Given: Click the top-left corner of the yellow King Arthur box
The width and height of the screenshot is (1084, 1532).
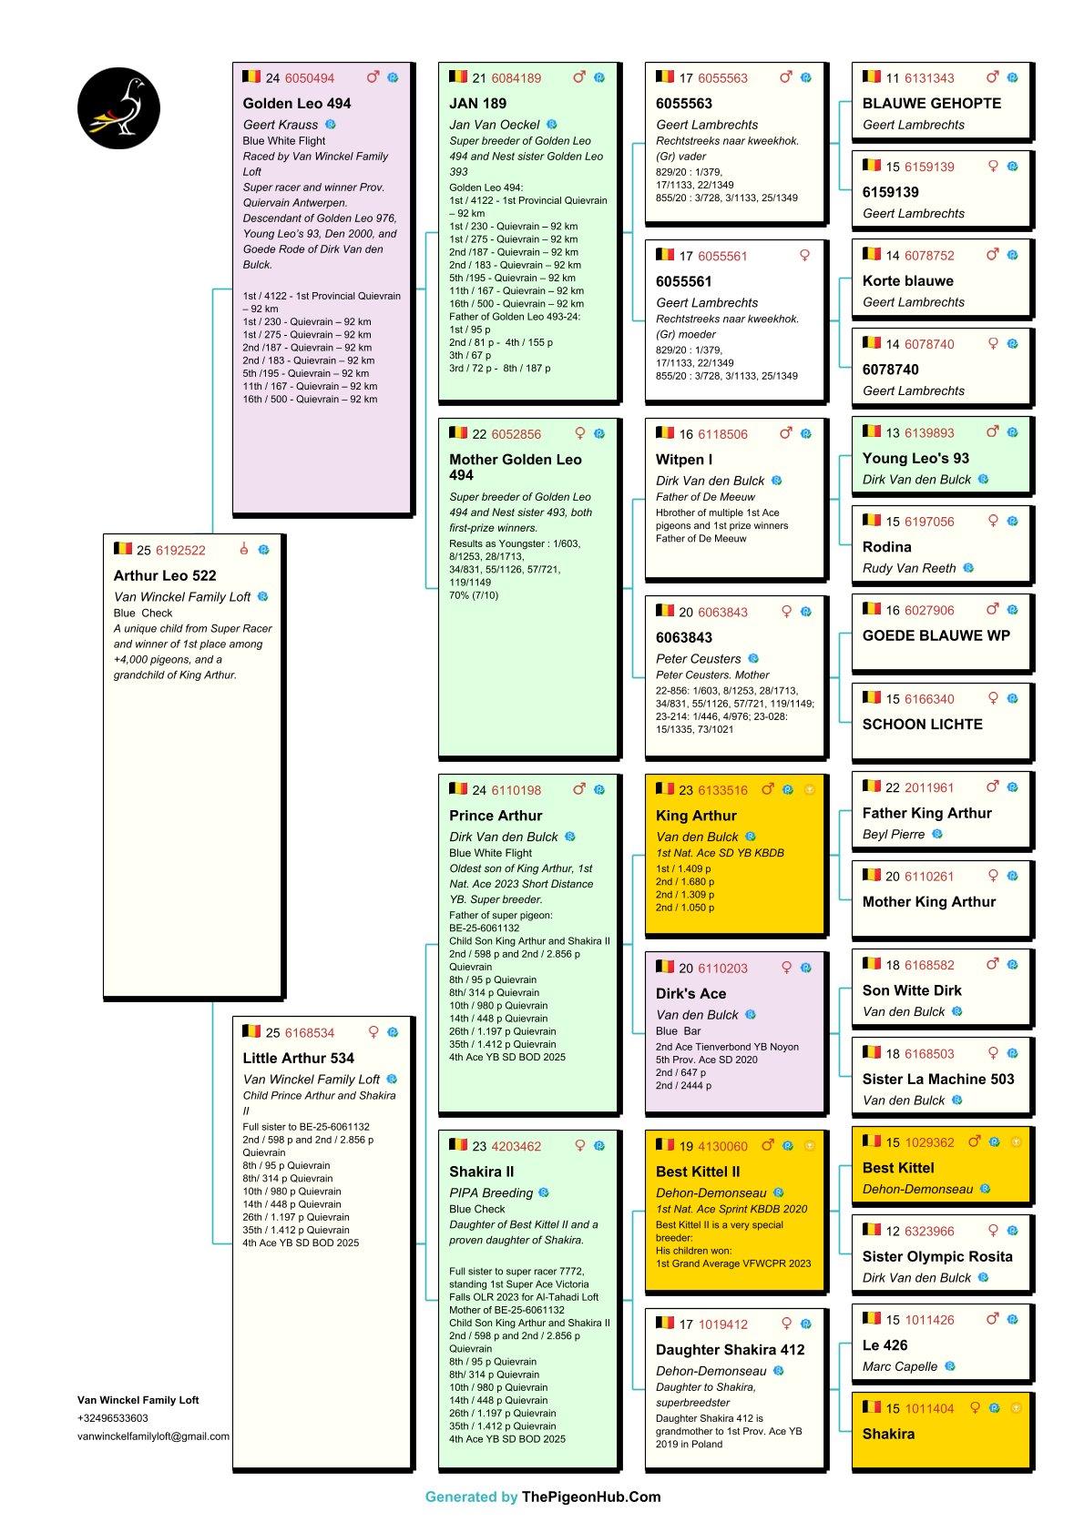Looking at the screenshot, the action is (645, 775).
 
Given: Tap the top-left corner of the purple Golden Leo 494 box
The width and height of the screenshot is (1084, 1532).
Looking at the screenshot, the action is (232, 62).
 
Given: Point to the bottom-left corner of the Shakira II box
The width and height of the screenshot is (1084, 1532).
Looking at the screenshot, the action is (439, 1467).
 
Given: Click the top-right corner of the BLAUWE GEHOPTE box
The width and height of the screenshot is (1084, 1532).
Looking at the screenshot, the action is (1030, 62).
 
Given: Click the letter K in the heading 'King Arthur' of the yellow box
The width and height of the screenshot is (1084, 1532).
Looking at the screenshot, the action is (660, 816).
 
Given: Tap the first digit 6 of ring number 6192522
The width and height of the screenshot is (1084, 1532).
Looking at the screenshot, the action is (159, 551).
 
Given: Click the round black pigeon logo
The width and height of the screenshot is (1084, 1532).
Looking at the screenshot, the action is (118, 108).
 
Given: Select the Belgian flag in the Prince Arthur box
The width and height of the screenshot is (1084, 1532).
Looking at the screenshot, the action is (458, 788).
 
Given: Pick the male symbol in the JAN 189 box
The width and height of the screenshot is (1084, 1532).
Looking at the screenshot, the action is (579, 77).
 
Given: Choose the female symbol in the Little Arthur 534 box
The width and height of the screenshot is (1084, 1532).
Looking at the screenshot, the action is (373, 1032).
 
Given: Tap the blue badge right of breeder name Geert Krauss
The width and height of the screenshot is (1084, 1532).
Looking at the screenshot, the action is (331, 125).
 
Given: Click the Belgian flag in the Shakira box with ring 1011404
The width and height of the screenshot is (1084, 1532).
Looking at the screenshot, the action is (871, 1407).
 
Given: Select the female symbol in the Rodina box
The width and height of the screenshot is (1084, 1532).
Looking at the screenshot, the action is (993, 522).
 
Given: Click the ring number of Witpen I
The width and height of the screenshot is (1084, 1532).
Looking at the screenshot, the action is (722, 434).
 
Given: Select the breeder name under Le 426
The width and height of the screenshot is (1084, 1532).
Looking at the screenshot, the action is (900, 1366).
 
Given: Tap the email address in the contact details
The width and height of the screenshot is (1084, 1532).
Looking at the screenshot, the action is (153, 1436).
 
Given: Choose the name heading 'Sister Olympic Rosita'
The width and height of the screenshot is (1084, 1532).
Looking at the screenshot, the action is (936, 1256).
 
